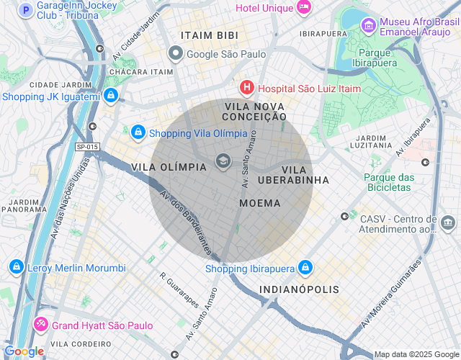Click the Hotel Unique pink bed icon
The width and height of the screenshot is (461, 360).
(304, 7)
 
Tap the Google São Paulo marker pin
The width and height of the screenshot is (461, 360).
(175, 53)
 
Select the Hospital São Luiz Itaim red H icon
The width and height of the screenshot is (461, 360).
(247, 88)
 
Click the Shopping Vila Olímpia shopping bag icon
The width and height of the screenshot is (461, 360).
(138, 132)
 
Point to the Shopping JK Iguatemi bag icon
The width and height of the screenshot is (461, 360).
(110, 96)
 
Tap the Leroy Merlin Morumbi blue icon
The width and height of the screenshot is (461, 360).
(15, 268)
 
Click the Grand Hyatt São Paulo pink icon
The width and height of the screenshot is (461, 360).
(41, 325)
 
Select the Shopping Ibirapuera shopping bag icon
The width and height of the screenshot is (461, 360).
(305, 268)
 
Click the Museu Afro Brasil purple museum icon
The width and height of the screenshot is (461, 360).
(368, 27)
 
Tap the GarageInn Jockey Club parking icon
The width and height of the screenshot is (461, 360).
(27, 10)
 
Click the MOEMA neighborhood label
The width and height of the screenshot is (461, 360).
(259, 203)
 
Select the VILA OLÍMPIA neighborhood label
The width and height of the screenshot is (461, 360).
(169, 166)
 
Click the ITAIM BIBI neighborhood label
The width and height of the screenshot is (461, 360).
(210, 35)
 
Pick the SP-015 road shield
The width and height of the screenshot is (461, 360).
(87, 147)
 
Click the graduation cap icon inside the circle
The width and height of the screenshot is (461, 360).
(223, 161)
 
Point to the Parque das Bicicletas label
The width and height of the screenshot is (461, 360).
(389, 182)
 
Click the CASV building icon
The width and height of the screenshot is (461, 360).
(449, 223)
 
